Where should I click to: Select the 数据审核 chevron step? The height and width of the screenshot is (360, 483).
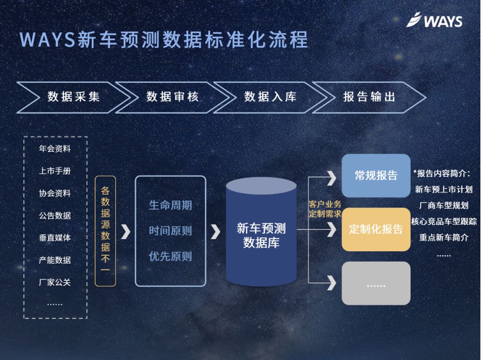tap(172, 97)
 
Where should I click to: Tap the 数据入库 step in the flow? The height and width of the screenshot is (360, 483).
tap(270, 97)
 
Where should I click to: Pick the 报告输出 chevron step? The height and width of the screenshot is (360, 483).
tap(369, 97)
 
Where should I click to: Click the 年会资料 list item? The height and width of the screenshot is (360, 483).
tap(55, 149)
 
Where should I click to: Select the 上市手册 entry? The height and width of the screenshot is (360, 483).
tap(55, 171)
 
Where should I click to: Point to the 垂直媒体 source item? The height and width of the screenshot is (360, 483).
tap(55, 238)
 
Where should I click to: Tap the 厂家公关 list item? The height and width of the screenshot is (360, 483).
tap(55, 282)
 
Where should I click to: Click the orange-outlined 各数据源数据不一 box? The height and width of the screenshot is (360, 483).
tap(106, 231)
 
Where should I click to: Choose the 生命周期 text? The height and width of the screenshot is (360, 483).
tap(170, 205)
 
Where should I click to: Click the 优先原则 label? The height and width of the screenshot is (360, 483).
tap(170, 257)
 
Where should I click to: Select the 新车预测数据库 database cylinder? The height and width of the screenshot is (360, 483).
tap(261, 233)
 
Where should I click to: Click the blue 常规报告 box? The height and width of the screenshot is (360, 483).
tap(376, 175)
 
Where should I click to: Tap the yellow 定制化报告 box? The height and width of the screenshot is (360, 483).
tap(376, 229)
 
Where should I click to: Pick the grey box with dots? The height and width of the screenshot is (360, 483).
tap(376, 284)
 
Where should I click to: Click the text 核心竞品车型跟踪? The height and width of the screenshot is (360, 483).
tap(444, 221)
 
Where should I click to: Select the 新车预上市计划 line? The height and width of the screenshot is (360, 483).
tap(444, 190)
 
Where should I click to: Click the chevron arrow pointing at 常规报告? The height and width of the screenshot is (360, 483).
tap(331, 178)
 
